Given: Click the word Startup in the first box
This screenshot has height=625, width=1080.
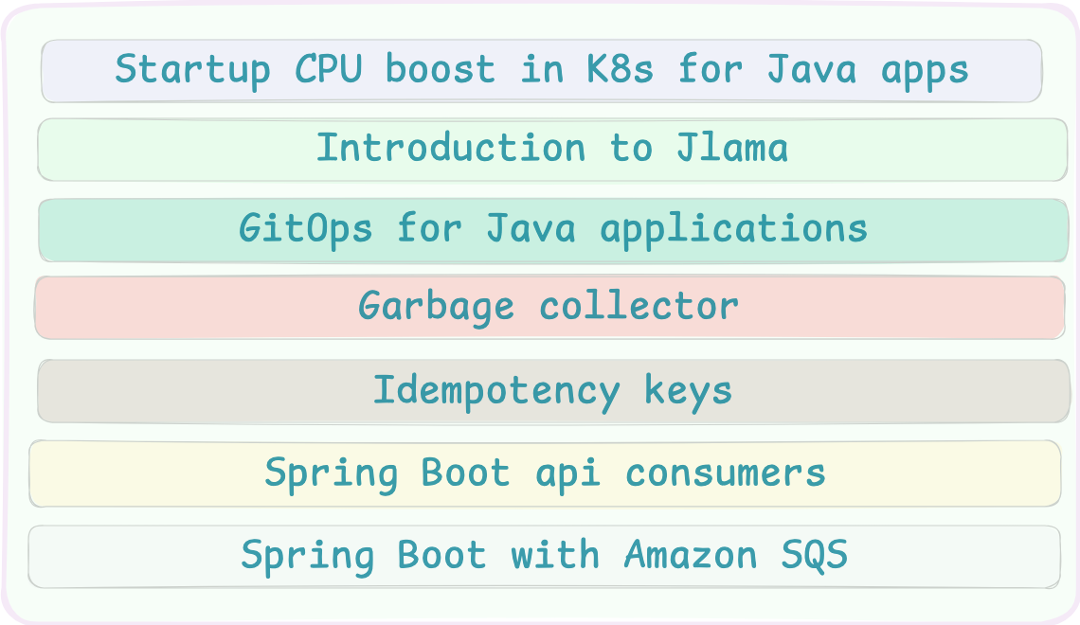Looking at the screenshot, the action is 192,70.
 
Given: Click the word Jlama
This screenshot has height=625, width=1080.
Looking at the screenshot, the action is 732,149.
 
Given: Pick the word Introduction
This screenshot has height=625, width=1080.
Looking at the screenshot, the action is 450,149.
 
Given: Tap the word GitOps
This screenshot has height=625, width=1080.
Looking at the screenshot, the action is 305,229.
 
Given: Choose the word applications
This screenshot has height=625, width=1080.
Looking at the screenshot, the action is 734,229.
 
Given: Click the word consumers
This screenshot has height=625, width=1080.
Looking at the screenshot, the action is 726,473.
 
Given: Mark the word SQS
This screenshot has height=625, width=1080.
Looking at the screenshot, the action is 815,555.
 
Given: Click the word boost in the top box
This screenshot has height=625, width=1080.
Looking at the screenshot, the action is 440,70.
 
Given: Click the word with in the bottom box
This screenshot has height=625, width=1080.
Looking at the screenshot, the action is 555,555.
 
